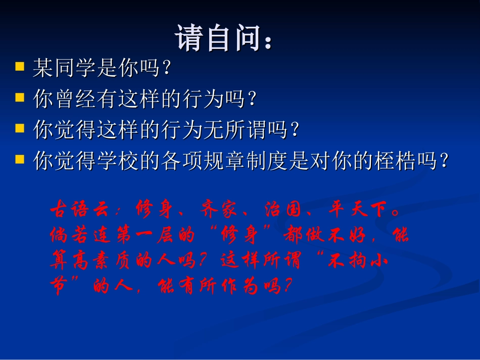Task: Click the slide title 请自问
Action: [223, 38]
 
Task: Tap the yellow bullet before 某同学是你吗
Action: [20, 66]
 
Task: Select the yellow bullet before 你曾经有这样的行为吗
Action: [20, 97]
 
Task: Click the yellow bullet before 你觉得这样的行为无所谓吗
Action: [20, 128]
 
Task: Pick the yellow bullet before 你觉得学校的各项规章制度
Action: [20, 159]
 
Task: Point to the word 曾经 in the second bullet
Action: [75, 98]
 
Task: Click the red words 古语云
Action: [79, 210]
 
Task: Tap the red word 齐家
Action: [218, 210]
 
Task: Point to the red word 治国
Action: [283, 210]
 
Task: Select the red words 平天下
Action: [358, 210]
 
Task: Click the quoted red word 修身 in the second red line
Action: [239, 235]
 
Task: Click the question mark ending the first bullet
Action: [167, 68]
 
